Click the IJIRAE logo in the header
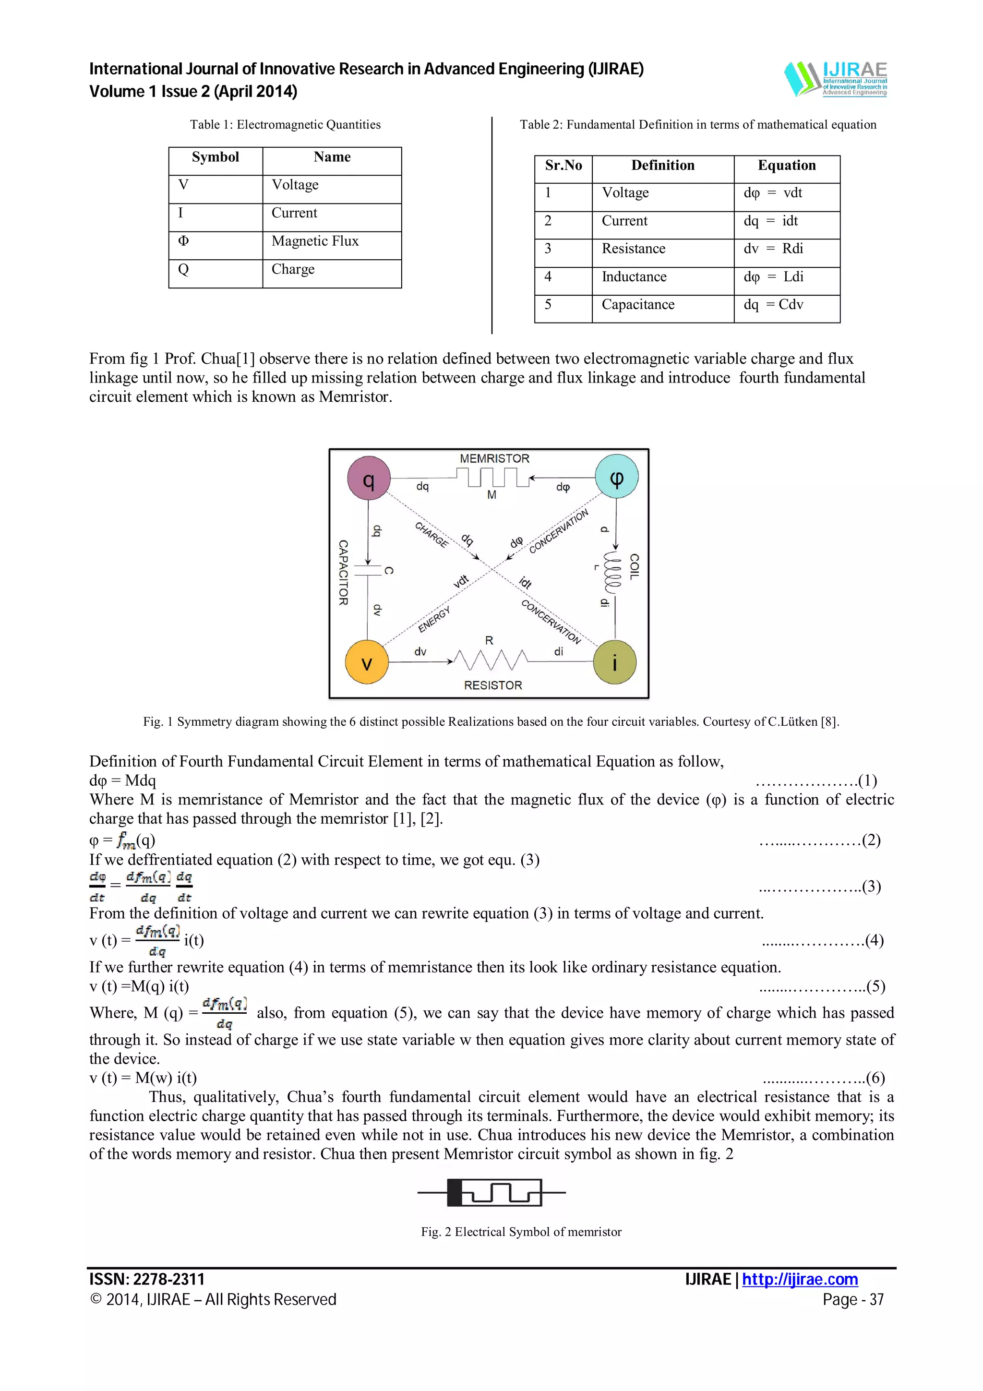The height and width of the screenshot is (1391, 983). tap(835, 79)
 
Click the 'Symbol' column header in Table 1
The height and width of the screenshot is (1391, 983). tap(215, 157)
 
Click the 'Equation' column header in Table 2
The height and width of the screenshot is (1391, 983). tap(786, 166)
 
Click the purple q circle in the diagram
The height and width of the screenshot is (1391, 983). tap(368, 479)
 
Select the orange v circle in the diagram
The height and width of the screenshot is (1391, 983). tap(366, 662)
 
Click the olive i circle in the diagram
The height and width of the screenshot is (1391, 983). tap(615, 662)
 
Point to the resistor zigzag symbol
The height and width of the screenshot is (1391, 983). tap(491, 660)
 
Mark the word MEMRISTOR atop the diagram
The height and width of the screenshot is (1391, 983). tap(494, 458)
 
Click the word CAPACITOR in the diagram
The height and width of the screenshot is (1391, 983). tap(343, 573)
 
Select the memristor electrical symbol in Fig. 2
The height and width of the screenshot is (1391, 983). tap(491, 1192)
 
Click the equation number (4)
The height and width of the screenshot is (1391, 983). tap(874, 940)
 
